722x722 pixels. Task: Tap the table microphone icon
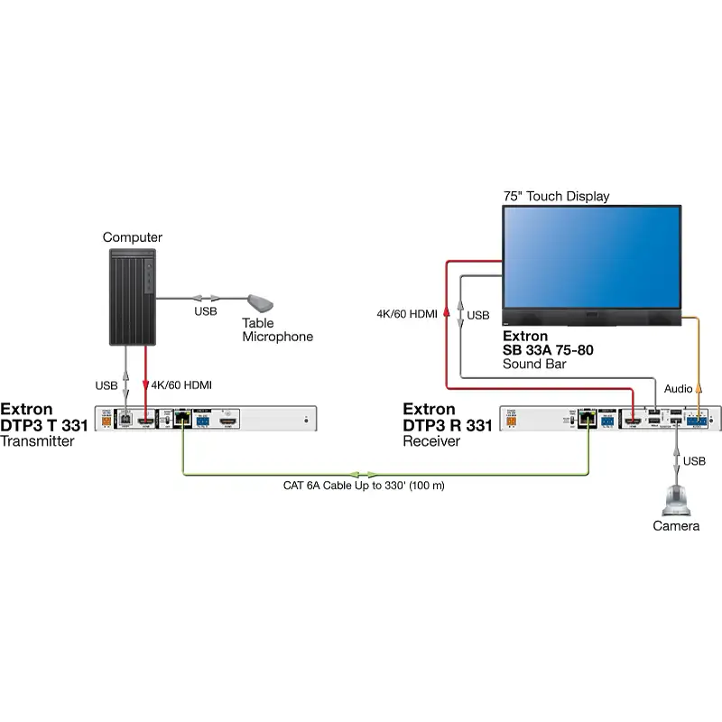(x=262, y=301)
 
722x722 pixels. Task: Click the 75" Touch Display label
(x=556, y=196)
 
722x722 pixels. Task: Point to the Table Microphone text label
(x=276, y=330)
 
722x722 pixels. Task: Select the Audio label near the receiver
(x=679, y=388)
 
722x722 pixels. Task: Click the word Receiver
(x=431, y=441)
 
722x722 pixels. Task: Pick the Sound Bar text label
(x=533, y=365)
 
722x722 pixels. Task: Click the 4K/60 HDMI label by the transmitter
(x=181, y=385)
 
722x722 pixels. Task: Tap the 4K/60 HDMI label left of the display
(x=407, y=315)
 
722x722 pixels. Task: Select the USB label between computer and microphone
(x=205, y=311)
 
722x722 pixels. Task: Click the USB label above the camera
(x=694, y=461)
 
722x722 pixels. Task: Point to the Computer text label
(x=132, y=237)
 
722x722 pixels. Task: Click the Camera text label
(x=676, y=526)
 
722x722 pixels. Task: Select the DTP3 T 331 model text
(x=44, y=426)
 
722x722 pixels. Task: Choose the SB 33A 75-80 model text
(x=548, y=350)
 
